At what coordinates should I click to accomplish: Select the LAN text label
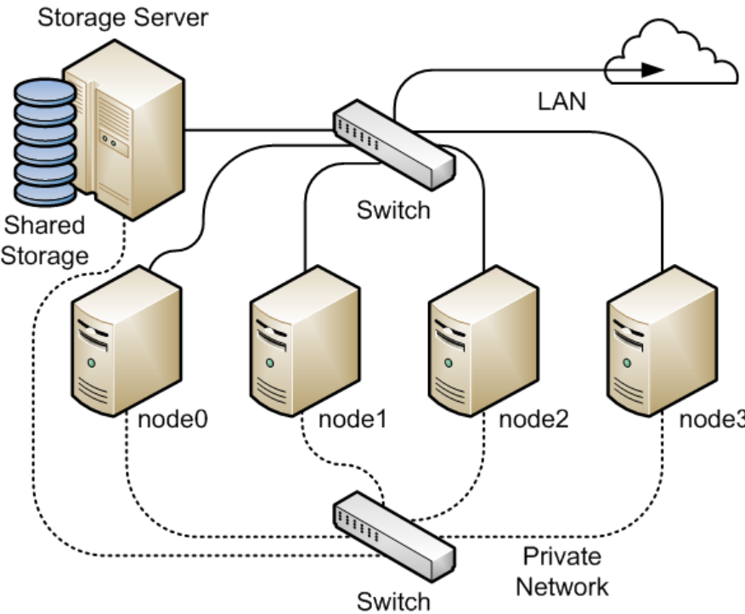click(x=562, y=102)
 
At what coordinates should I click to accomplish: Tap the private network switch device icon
click(x=392, y=533)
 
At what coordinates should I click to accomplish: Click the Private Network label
click(x=562, y=572)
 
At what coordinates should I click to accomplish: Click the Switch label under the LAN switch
click(x=393, y=209)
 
